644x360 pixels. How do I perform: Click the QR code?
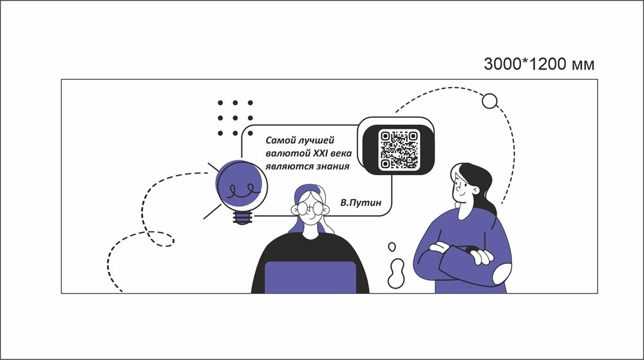399,149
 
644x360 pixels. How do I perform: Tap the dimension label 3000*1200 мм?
539,64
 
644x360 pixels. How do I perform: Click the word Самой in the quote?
281,140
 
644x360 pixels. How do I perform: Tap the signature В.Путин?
361,202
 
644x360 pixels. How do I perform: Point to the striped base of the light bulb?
242,218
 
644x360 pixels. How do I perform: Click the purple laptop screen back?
310,277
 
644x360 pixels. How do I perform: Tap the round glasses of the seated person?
310,209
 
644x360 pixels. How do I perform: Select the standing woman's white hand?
481,256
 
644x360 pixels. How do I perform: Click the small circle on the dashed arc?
489,101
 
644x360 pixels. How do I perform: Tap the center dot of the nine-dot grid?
235,118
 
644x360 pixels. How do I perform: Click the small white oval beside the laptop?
392,247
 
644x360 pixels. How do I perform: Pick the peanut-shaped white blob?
396,274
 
